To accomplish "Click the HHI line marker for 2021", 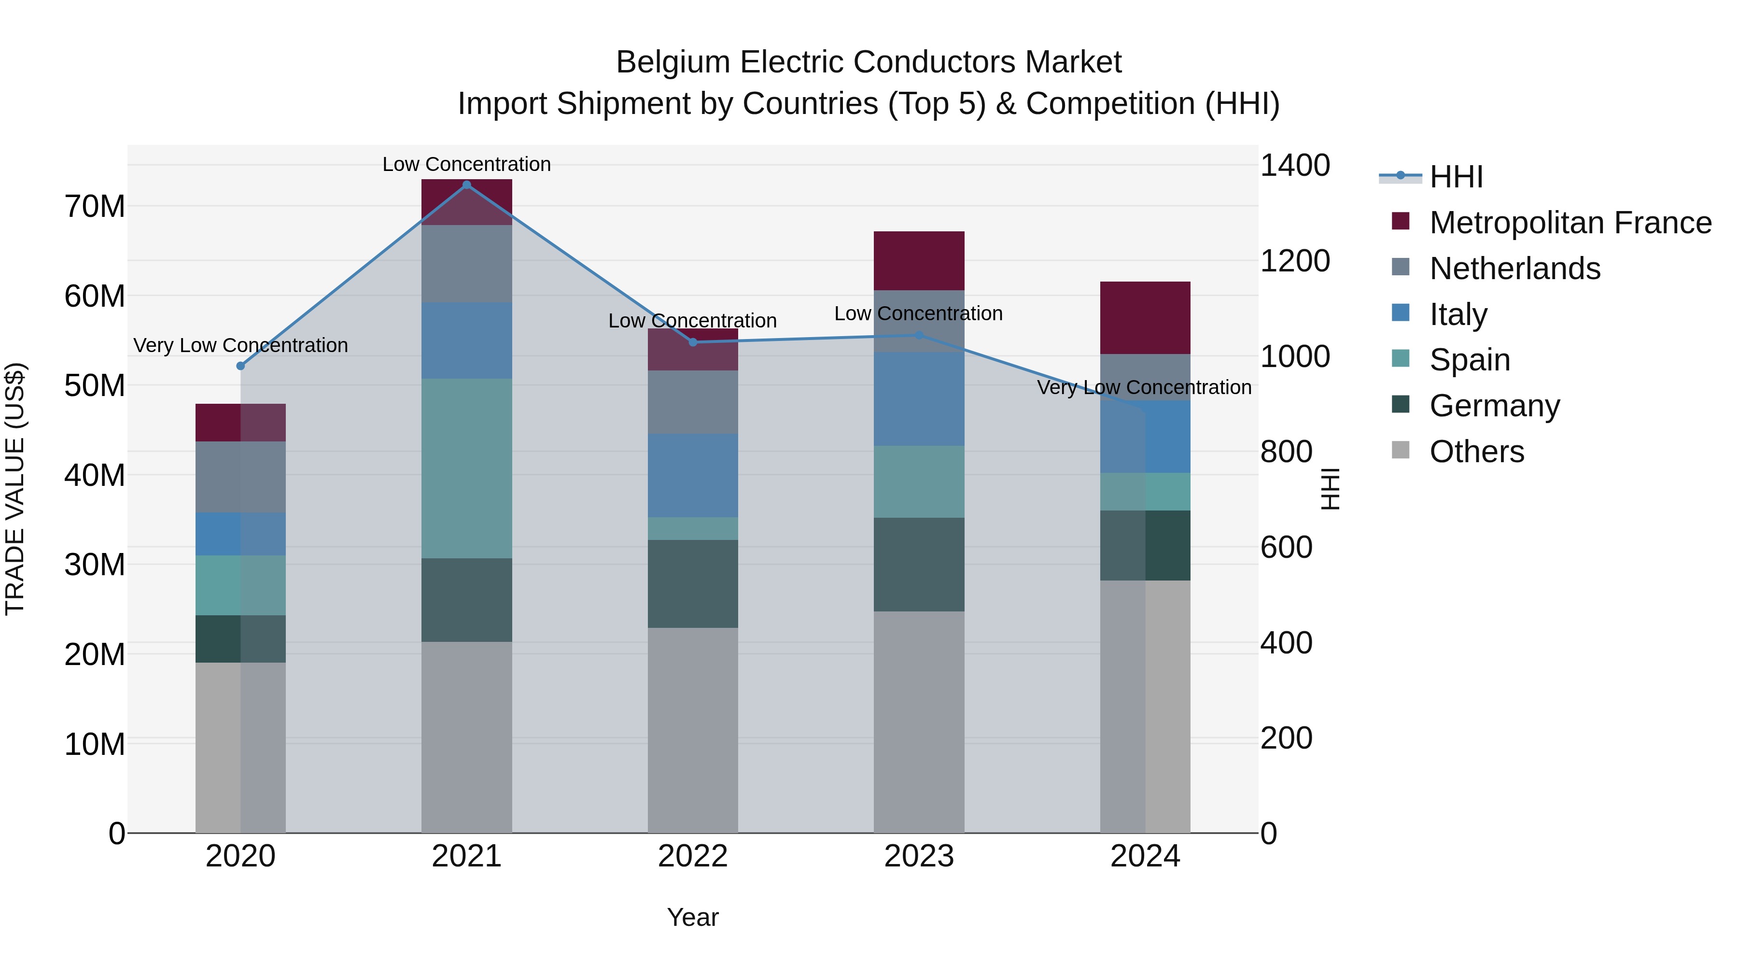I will point(466,185).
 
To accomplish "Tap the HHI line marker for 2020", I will point(241,366).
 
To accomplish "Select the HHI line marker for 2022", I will point(693,342).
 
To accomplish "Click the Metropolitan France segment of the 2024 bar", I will point(1145,318).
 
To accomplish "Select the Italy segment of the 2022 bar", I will point(693,475).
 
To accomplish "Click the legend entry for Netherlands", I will point(1514,269).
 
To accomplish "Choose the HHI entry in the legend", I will point(1456,177).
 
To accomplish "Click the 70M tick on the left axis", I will point(95,207).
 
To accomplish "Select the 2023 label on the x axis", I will point(919,856).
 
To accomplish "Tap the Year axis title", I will point(693,917).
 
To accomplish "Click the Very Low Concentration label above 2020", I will point(241,346).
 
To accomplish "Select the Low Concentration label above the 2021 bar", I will point(466,164).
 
